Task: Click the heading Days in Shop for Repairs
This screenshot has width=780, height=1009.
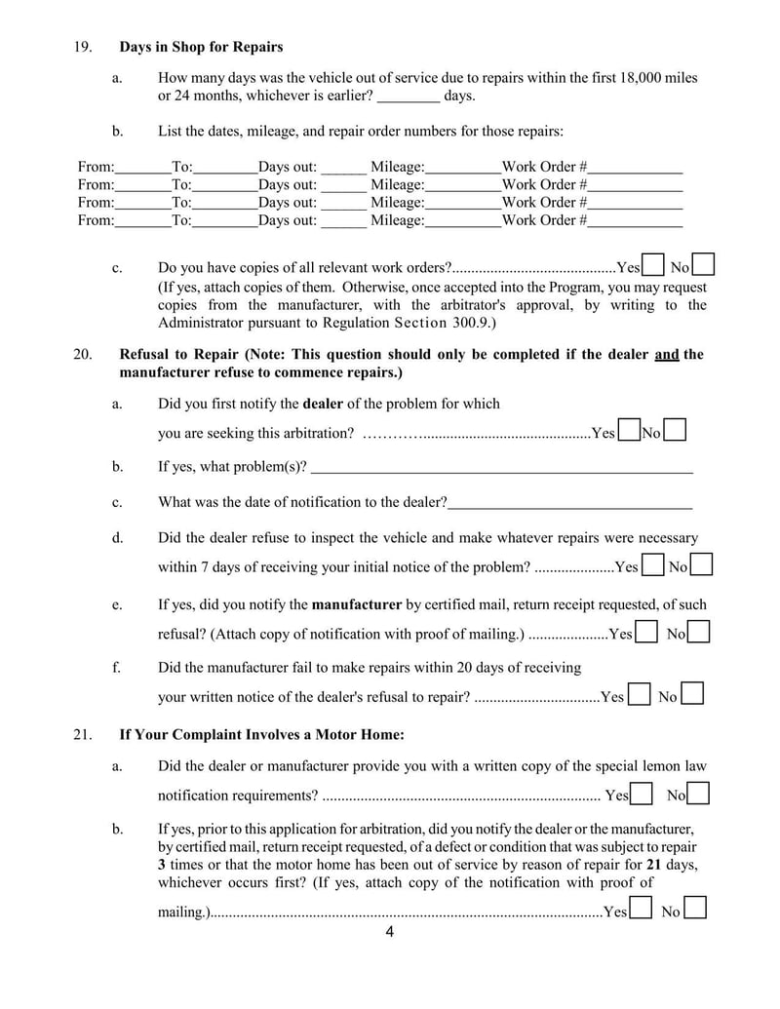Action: point(201,47)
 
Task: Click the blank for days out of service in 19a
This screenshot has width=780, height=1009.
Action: point(408,96)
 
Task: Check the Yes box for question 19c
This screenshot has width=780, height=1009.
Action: point(654,265)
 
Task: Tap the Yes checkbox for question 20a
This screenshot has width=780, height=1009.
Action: point(629,430)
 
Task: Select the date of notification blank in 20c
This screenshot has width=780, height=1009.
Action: point(569,502)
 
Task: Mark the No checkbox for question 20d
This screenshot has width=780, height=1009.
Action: point(702,564)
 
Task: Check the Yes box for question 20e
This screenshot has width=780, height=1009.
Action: point(645,633)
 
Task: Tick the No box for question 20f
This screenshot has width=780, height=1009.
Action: point(693,694)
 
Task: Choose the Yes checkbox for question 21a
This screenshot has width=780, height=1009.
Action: point(642,794)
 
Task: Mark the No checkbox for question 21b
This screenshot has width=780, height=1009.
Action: point(696,910)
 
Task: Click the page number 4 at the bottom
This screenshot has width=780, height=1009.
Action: point(390,932)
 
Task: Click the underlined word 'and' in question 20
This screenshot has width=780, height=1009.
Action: point(666,354)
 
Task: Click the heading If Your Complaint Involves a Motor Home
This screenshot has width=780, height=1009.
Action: point(261,734)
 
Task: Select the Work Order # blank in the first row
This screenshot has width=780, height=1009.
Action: point(635,167)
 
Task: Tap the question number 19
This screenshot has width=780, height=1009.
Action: point(83,47)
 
